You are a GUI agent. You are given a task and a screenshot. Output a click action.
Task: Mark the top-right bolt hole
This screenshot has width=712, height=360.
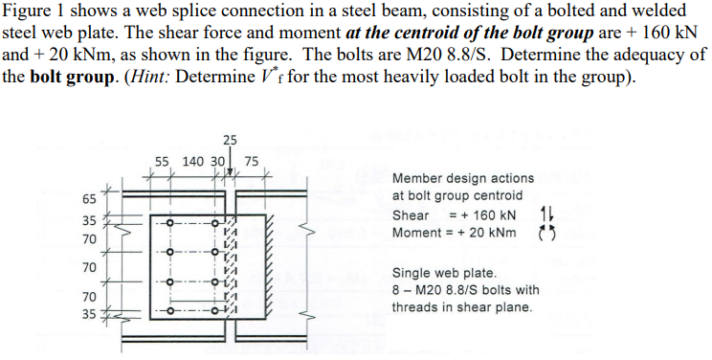(x=222, y=224)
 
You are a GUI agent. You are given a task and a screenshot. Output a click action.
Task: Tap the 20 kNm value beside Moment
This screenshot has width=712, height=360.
(x=492, y=233)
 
